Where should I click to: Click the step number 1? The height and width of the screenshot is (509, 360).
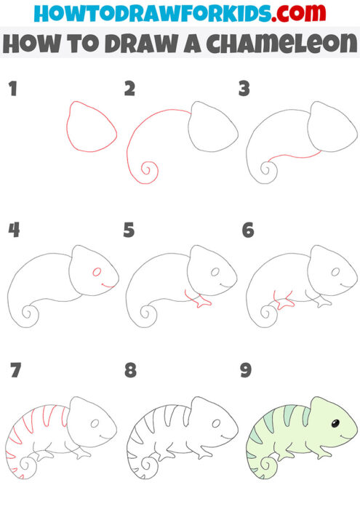pos(12,89)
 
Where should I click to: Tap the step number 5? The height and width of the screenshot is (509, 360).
pos(129,231)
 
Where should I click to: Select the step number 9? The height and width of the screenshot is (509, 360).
pos(245,371)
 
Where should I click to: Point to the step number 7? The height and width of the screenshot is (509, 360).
pos(15,371)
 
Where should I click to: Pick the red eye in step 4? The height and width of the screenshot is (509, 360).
pos(97,272)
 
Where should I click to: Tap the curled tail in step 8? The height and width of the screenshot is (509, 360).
pos(151,462)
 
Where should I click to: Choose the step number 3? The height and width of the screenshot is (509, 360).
pos(244,89)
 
